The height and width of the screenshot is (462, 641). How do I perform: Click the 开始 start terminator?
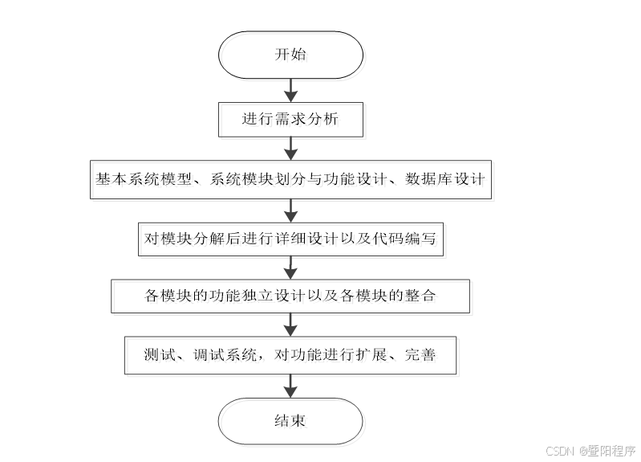pyautogui.click(x=290, y=56)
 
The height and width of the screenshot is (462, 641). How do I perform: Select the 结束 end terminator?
pyautogui.click(x=290, y=421)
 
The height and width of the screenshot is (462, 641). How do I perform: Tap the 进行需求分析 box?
pyautogui.click(x=290, y=120)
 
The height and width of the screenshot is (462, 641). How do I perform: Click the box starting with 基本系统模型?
pyautogui.click(x=290, y=179)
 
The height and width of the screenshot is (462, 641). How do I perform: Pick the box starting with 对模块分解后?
pyautogui.click(x=290, y=238)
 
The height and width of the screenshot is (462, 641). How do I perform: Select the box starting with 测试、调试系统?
pyautogui.click(x=290, y=354)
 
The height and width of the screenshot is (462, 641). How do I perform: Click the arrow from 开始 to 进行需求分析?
pyautogui.click(x=291, y=88)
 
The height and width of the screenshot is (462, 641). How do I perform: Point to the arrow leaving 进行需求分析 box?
pyautogui.click(x=291, y=149)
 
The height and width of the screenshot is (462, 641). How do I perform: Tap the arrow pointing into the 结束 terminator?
pyautogui.click(x=291, y=388)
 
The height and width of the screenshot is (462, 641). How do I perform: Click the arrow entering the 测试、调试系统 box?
pyautogui.click(x=291, y=325)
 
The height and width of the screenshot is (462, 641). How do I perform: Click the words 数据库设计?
pyautogui.click(x=446, y=179)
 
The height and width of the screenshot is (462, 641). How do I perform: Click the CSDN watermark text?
pyautogui.click(x=590, y=451)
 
